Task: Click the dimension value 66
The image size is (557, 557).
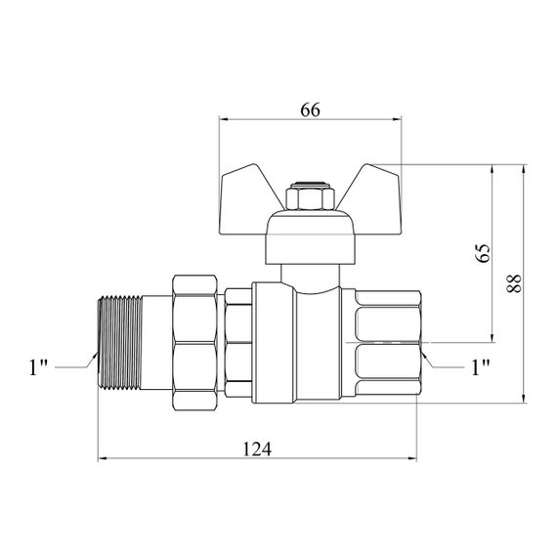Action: (x=310, y=110)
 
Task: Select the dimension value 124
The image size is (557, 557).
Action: (x=257, y=449)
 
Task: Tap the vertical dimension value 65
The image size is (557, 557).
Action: (x=483, y=253)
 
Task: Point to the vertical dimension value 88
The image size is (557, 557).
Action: (x=514, y=283)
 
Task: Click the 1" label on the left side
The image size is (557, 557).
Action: (x=38, y=367)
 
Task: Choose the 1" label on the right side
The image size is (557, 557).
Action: (x=481, y=367)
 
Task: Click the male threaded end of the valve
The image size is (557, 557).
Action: (x=120, y=342)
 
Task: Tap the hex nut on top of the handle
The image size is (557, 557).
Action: (x=310, y=196)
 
